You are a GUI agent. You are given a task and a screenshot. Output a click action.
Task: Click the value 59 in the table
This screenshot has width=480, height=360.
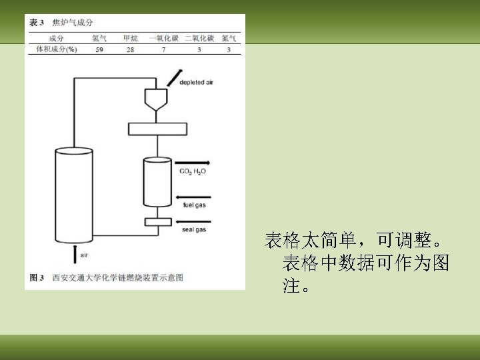99,49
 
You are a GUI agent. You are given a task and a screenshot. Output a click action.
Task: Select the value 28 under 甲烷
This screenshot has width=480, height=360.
130,49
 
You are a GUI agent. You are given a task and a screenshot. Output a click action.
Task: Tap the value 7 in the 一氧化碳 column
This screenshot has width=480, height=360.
163,49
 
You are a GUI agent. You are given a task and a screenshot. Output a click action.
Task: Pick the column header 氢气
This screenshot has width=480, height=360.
99,38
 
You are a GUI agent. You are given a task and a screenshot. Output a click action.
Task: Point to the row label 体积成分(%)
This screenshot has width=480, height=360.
57,49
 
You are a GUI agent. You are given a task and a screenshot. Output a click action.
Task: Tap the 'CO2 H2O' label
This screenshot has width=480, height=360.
193,171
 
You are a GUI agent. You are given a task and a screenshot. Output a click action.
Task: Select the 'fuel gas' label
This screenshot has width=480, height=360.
194,206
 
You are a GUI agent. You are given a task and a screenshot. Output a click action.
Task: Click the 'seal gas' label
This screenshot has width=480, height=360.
194,230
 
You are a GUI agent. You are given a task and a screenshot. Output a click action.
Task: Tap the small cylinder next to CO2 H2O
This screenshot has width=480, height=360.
157,181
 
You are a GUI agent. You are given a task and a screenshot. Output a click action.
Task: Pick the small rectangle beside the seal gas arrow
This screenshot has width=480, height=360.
157,221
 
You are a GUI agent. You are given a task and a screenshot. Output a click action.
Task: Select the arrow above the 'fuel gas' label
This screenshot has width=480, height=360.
193,197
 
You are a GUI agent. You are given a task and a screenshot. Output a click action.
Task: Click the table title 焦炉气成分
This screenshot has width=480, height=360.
71,23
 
